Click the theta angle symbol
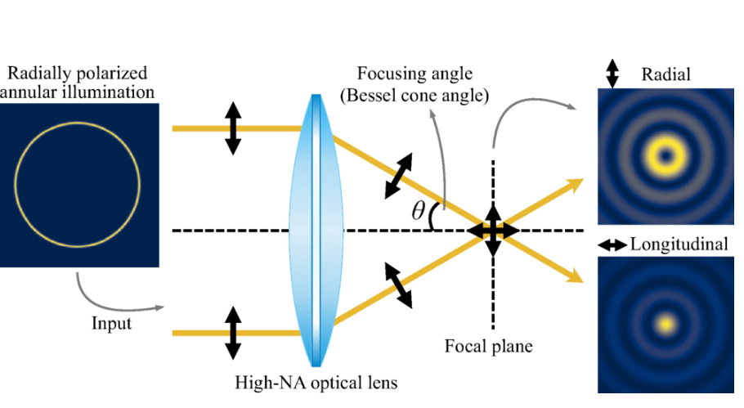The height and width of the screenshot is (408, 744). point(418,211)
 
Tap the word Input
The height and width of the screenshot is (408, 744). point(111,324)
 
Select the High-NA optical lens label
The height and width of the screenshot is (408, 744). point(316,383)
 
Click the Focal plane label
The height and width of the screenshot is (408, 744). point(488,346)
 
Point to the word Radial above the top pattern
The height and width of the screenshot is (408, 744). point(666,74)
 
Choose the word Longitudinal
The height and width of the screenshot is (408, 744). point(679,244)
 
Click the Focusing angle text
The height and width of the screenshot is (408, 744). point(415,74)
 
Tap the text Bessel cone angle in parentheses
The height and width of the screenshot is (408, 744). point(415,96)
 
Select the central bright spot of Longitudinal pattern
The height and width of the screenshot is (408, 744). point(666,325)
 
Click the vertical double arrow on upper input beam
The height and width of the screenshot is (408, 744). point(232,128)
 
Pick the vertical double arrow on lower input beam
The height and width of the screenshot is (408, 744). point(232,333)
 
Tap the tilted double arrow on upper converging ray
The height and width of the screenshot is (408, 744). point(399,176)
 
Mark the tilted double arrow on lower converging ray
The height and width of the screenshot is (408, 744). point(399,285)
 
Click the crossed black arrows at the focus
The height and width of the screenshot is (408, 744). point(494,231)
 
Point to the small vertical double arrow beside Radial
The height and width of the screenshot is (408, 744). point(612,74)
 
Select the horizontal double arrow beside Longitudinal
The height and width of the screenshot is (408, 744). point(612,244)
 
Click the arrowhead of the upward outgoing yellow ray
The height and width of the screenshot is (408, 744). point(576,184)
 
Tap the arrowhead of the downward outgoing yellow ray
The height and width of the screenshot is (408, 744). point(576,276)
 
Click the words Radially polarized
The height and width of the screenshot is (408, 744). point(78,73)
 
